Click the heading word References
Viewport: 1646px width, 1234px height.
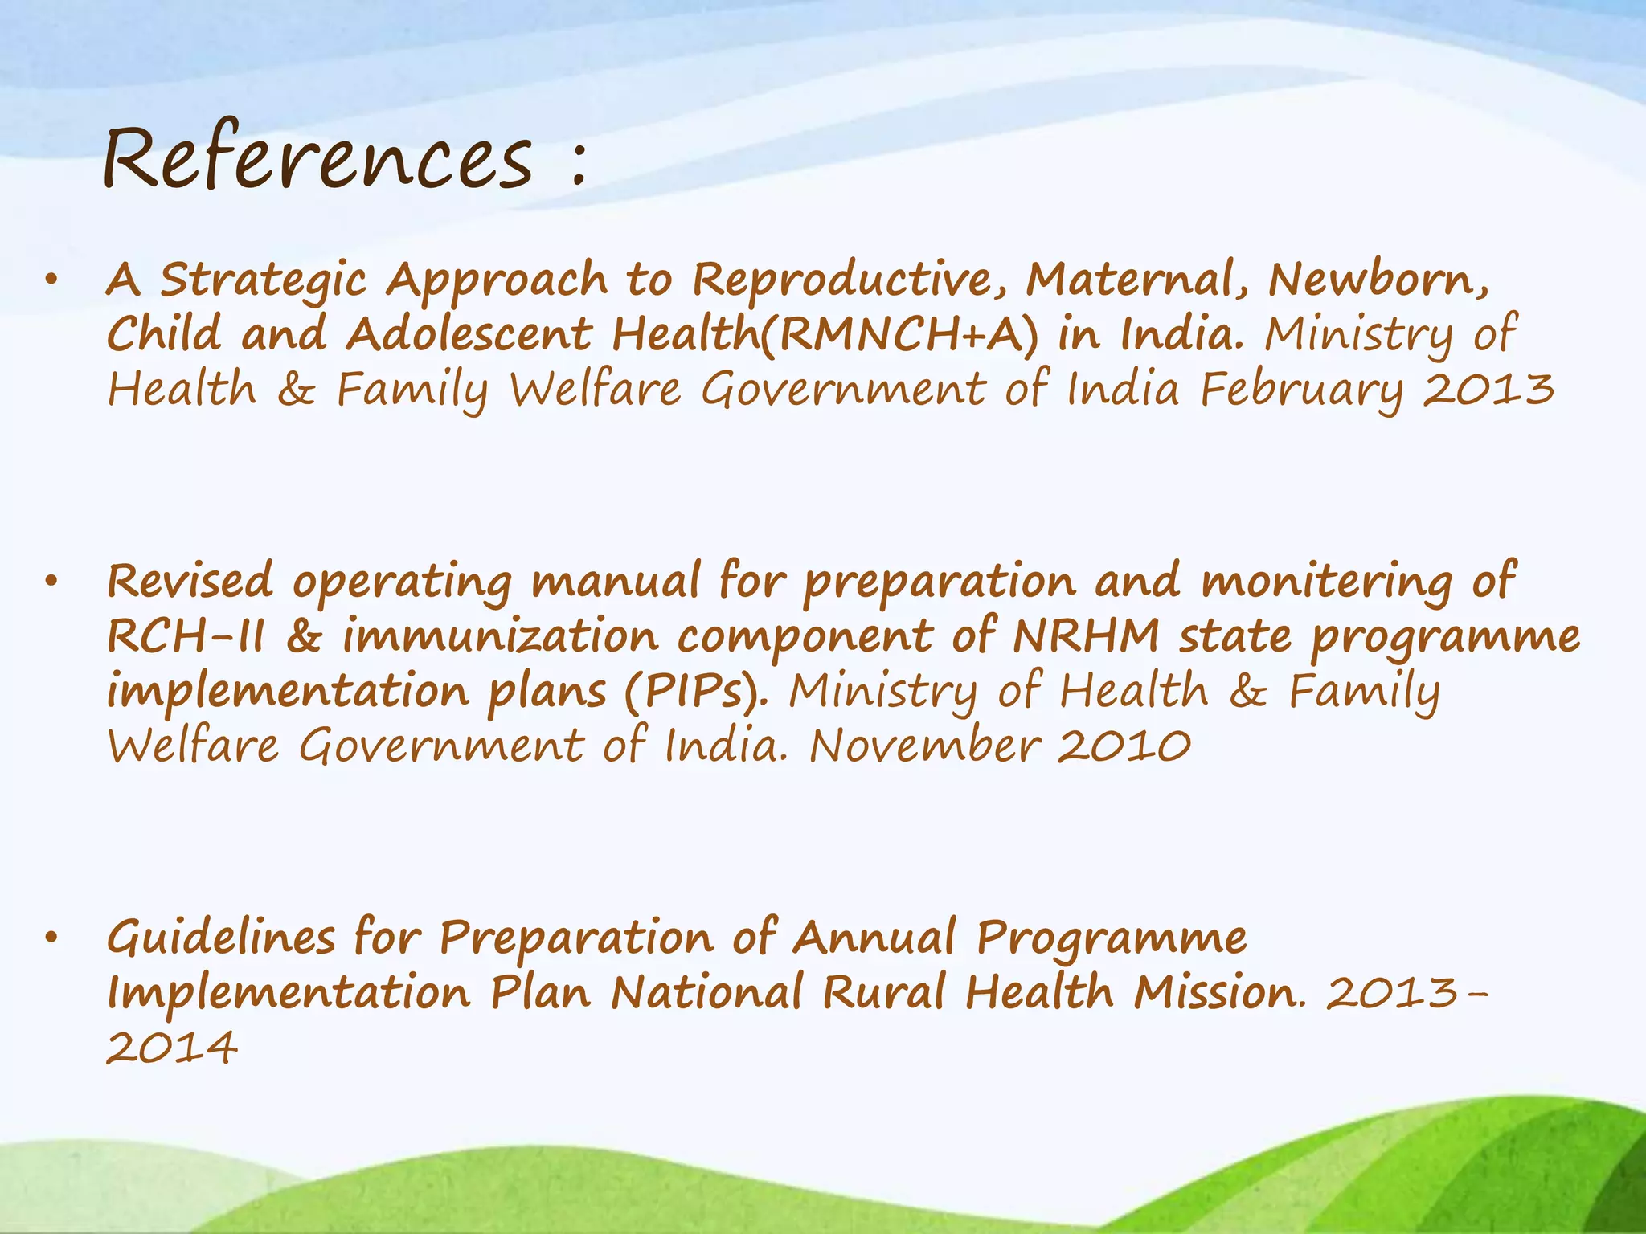[x=317, y=157]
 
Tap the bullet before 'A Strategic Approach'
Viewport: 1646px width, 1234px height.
[x=52, y=281]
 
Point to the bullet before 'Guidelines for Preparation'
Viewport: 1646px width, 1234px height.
[x=52, y=938]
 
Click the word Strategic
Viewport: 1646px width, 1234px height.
[x=264, y=281]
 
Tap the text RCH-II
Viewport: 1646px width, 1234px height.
[x=186, y=637]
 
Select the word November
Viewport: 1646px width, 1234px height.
[x=924, y=746]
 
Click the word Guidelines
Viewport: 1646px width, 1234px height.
[x=222, y=938]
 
